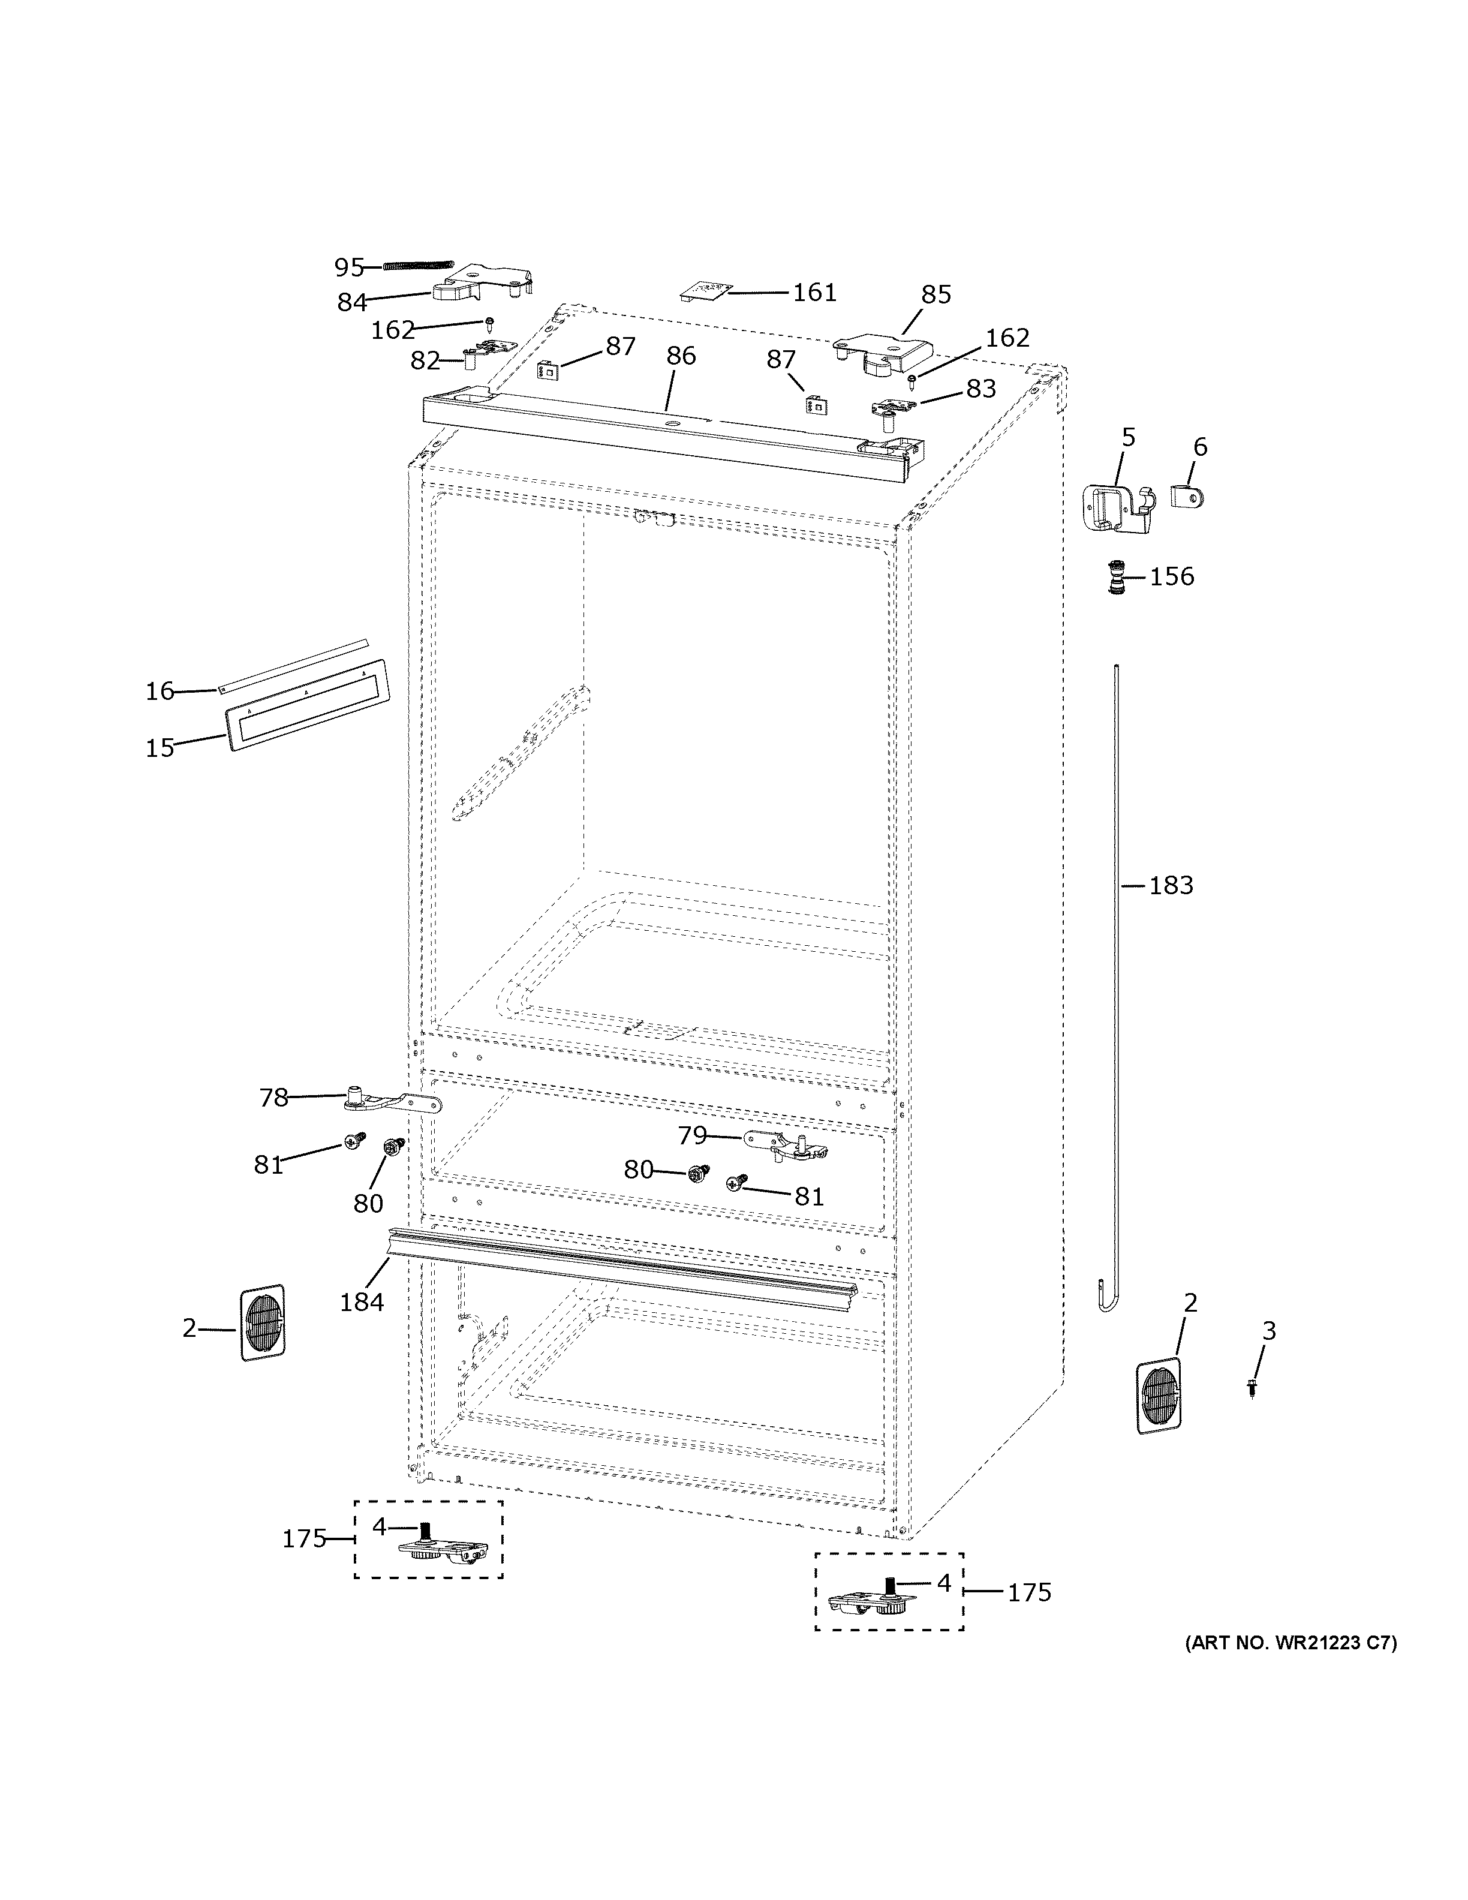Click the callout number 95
tap(349, 267)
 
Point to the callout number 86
tap(681, 356)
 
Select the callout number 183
tap(1171, 886)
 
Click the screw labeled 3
tap(1252, 1388)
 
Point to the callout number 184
tap(361, 1302)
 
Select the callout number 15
tap(160, 747)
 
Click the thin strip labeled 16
tap(296, 665)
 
